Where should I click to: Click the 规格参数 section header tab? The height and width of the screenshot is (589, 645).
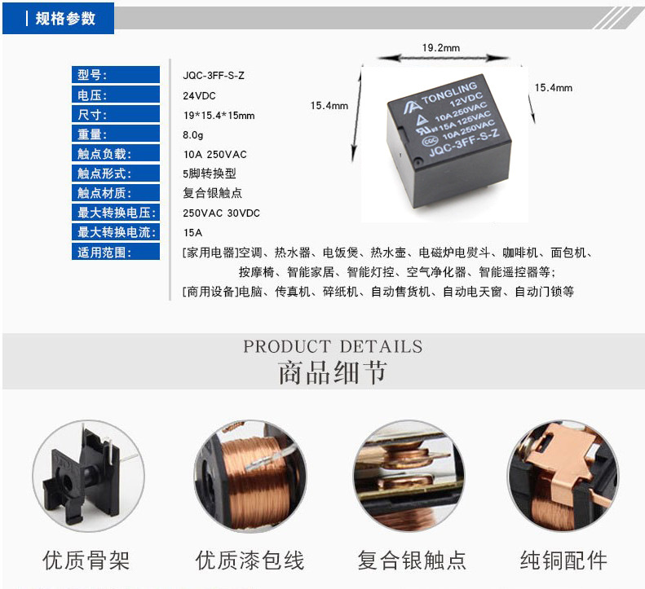(x=59, y=18)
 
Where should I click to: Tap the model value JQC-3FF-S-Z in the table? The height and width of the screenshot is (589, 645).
(x=214, y=76)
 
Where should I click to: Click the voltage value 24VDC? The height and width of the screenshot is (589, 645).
(x=199, y=96)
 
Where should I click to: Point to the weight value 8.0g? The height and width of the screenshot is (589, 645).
(x=193, y=134)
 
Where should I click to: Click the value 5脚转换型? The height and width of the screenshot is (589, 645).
(x=210, y=174)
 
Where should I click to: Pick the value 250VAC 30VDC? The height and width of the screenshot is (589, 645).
(x=221, y=213)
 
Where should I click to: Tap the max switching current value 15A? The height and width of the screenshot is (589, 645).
(x=192, y=233)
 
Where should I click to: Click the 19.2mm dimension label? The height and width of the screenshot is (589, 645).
(x=441, y=48)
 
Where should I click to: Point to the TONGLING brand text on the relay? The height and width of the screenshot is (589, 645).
(x=449, y=94)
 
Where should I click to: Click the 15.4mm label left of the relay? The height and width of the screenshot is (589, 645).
(x=329, y=106)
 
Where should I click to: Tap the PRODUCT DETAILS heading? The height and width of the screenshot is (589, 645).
(x=333, y=346)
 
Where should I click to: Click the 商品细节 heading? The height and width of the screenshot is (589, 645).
(x=333, y=373)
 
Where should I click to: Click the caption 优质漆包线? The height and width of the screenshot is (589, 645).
(x=250, y=560)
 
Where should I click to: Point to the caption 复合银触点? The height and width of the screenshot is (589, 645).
(x=412, y=560)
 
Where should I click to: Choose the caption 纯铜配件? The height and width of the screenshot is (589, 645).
(x=563, y=560)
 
